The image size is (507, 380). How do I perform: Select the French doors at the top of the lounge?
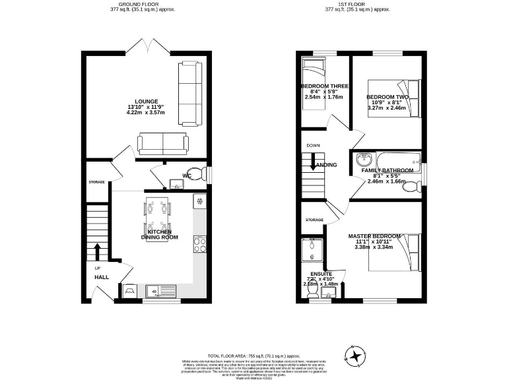pyautogui.click(x=146, y=46)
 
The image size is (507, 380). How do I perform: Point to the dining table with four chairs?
pyautogui.click(x=157, y=218)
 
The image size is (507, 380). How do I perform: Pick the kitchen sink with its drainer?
pyautogui.click(x=161, y=290)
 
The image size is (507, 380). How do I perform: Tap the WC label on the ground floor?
pyautogui.click(x=187, y=176)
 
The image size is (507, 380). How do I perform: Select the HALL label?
pyautogui.click(x=101, y=277)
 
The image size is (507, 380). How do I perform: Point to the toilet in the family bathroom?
pyautogui.click(x=410, y=187)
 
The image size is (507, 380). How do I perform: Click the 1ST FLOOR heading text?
pyautogui.click(x=357, y=5)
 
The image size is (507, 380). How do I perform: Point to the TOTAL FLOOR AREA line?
pyautogui.click(x=253, y=356)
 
